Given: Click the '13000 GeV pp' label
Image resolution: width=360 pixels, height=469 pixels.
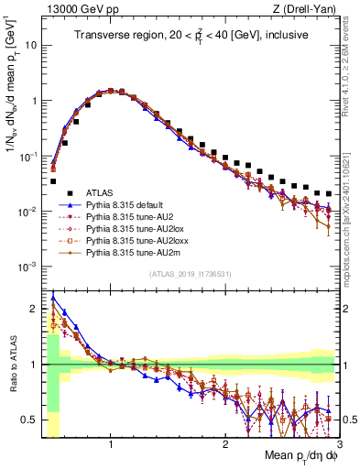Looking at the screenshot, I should [x=78, y=8].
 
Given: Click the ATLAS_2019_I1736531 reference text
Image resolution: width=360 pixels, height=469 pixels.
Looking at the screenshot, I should [x=191, y=275].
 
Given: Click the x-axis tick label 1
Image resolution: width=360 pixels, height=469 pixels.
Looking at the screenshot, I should [x=110, y=444].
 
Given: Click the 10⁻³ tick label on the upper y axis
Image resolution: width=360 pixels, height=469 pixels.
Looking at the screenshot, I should [x=27, y=267].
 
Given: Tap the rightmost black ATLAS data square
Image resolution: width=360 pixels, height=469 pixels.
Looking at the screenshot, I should [x=329, y=193].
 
